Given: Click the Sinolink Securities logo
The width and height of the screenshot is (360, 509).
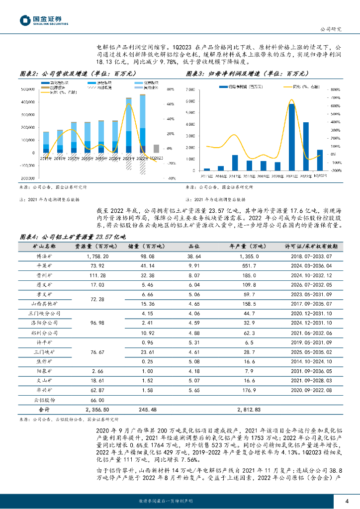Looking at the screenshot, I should [44, 20].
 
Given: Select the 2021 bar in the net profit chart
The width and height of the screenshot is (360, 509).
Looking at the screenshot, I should [291, 137].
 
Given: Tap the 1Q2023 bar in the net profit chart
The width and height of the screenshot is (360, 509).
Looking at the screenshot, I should [320, 160].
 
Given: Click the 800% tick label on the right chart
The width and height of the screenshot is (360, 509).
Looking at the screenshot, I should [335, 89].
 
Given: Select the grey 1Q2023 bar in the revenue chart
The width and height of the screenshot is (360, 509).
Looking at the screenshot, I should [156, 148].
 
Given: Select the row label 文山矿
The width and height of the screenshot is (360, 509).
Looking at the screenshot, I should [44, 381].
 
